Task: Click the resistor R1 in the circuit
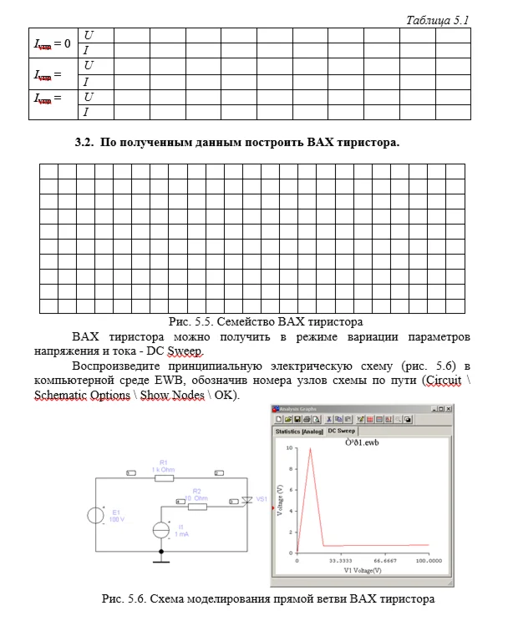tap(163, 477)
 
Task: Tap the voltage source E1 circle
tap(95, 515)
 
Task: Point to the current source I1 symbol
tap(161, 530)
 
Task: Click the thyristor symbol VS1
tap(246, 501)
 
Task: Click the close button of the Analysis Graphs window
tap(449, 408)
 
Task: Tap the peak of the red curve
tap(311, 448)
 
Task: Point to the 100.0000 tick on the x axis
tap(429, 561)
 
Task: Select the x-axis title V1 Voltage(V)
tap(363, 571)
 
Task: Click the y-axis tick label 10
tap(290, 448)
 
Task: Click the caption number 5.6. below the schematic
tap(135, 598)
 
